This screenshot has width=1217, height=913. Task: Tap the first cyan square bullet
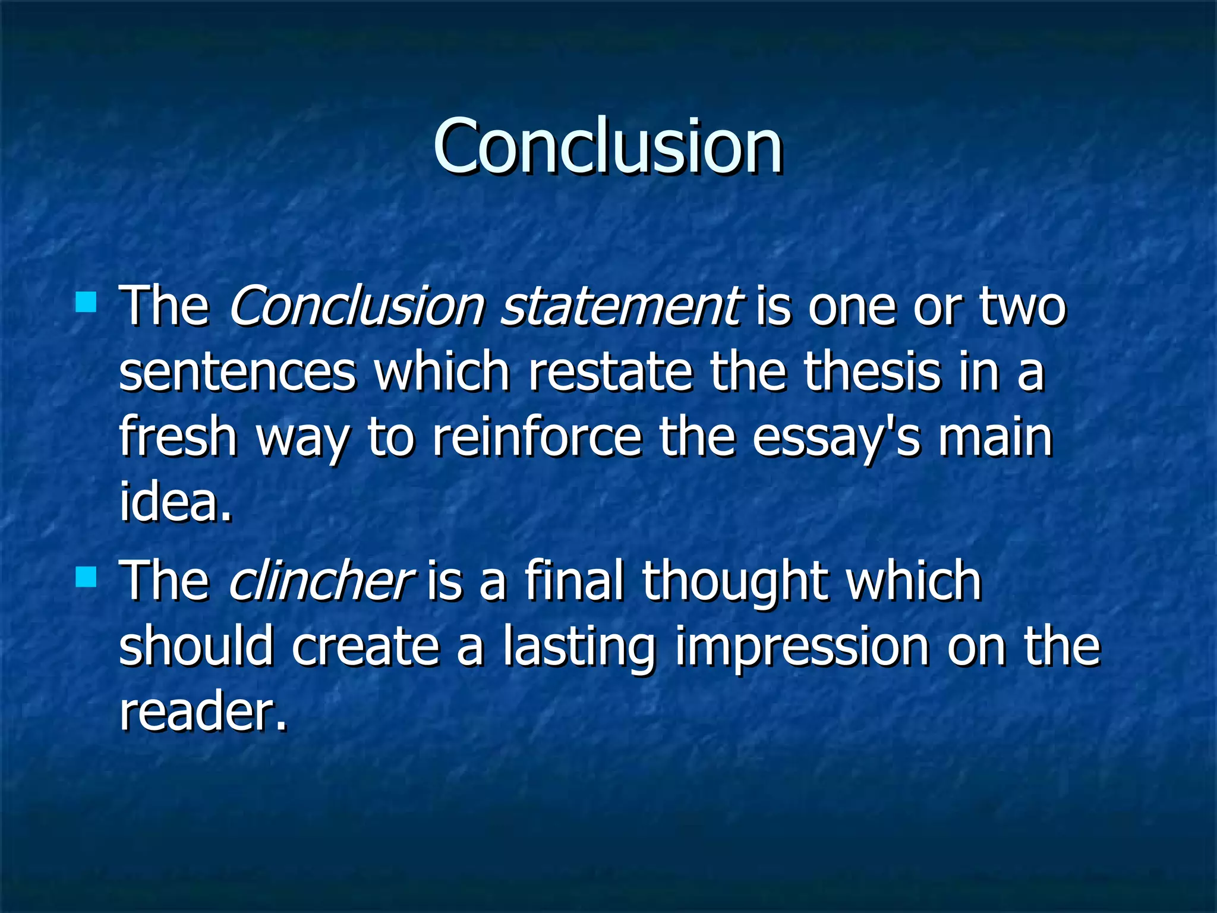86,301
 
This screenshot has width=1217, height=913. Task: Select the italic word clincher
319,581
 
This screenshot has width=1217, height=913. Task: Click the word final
574,581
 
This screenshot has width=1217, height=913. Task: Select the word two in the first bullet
1023,307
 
